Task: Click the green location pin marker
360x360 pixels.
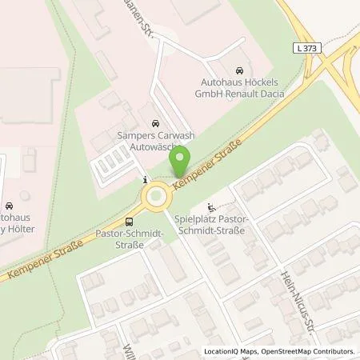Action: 181,162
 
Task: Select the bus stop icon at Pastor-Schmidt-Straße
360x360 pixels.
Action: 128,222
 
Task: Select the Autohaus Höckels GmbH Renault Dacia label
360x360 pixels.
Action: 245,87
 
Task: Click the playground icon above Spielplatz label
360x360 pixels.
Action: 210,206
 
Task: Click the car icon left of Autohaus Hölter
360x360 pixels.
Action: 6,205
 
